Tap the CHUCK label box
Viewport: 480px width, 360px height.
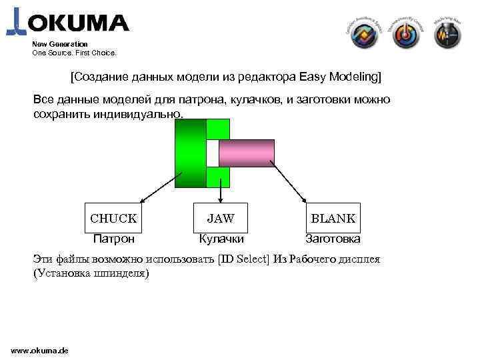click(113, 218)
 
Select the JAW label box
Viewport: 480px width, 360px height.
click(220, 218)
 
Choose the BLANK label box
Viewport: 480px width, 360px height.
click(333, 218)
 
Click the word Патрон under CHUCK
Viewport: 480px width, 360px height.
click(113, 239)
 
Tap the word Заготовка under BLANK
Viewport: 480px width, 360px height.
click(333, 239)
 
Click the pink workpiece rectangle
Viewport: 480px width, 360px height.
click(246, 152)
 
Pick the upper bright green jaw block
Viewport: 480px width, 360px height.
click(218, 129)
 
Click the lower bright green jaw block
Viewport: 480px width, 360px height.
click(218, 177)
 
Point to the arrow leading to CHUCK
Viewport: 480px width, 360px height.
click(157, 191)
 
